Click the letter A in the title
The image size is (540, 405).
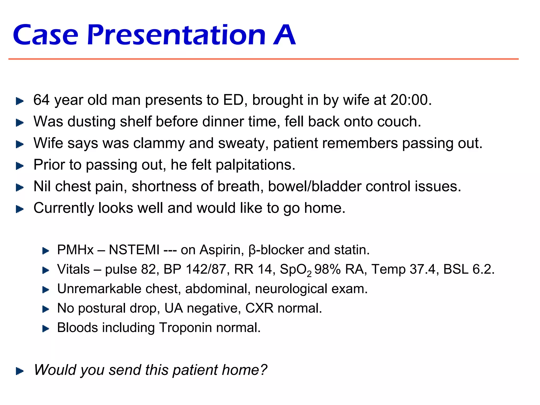coord(284,35)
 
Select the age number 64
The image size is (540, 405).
coord(41,100)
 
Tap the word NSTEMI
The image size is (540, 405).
coord(134,250)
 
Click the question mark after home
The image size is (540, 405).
coord(263,370)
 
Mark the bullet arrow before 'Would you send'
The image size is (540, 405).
coord(20,371)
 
